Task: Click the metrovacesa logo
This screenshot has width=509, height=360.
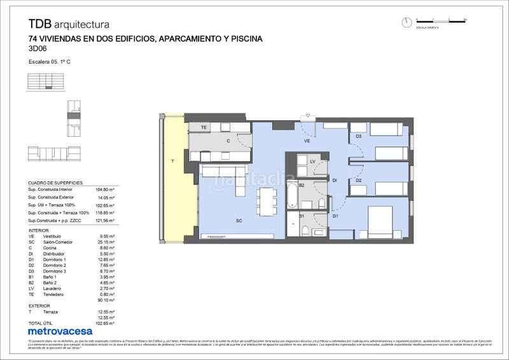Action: pyautogui.click(x=60, y=331)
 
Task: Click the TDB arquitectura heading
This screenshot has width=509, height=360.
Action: pyautogui.click(x=69, y=24)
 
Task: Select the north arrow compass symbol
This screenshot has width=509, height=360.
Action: pyautogui.click(x=407, y=22)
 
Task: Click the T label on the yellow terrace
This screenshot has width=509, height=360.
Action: pyautogui.click(x=172, y=162)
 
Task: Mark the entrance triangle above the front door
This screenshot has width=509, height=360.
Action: pyautogui.click(x=308, y=116)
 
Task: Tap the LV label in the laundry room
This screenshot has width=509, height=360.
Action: pyautogui.click(x=312, y=162)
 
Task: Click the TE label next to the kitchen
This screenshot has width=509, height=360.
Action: pyautogui.click(x=204, y=128)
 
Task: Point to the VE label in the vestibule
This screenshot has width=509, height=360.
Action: pyautogui.click(x=307, y=141)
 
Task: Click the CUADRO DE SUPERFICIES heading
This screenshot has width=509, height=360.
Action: pyautogui.click(x=55, y=182)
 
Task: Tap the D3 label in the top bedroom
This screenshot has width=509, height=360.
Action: pyautogui.click(x=358, y=136)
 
